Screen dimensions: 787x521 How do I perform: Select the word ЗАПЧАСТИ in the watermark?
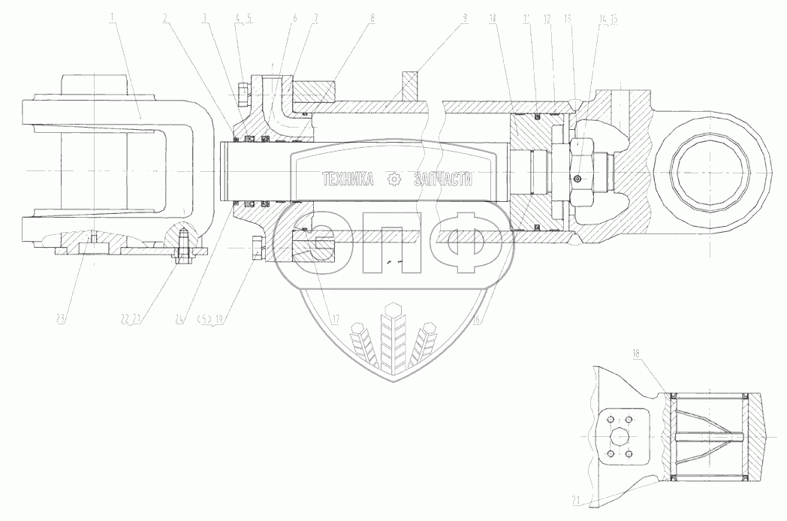click(443, 179)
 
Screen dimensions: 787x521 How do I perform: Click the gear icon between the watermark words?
click(393, 179)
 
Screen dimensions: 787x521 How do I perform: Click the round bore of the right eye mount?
click(709, 172)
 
